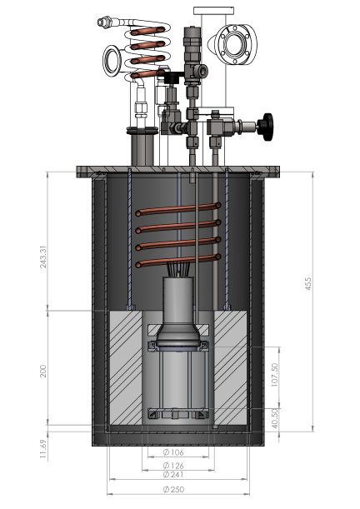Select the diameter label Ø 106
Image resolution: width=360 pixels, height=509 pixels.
click(172, 453)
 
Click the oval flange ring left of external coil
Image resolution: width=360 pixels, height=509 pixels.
click(112, 58)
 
